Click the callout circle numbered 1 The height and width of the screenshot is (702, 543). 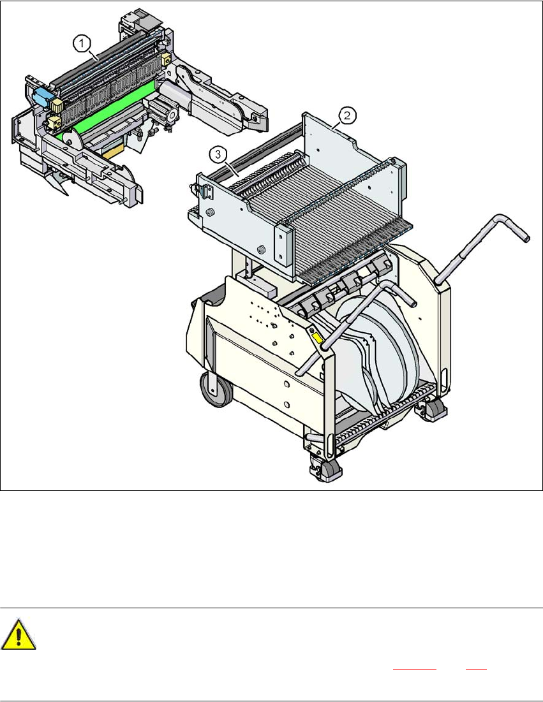[x=82, y=44]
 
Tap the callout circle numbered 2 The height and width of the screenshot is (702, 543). [x=347, y=115]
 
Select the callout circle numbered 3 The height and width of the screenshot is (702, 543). [x=218, y=155]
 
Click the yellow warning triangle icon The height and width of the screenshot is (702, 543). [x=18, y=634]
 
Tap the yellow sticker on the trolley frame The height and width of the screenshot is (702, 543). [x=317, y=338]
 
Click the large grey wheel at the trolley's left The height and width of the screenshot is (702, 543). [x=216, y=388]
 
